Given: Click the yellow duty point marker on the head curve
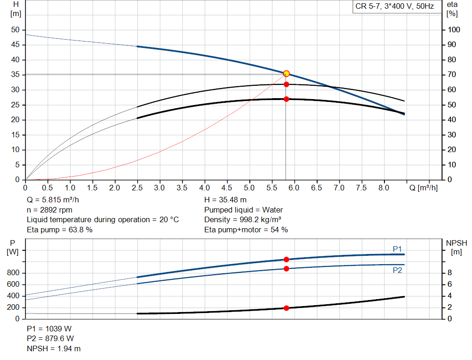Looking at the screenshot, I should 286,74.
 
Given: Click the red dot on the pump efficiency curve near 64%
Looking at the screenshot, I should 286,84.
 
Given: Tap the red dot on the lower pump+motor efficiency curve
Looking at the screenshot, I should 286,99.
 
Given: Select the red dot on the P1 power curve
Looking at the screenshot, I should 286,260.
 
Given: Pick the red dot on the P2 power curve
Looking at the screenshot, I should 286,268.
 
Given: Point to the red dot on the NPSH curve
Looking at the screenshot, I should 286,308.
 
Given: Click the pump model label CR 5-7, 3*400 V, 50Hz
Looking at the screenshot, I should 395,6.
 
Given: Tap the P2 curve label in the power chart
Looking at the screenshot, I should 397,271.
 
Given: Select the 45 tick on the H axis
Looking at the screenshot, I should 16,45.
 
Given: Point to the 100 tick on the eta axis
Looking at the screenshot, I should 454,30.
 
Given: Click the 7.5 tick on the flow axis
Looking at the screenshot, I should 361,188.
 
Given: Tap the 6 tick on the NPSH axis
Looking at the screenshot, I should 449,284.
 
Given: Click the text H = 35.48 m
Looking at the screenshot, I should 225,200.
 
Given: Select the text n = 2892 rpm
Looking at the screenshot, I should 50,210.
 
